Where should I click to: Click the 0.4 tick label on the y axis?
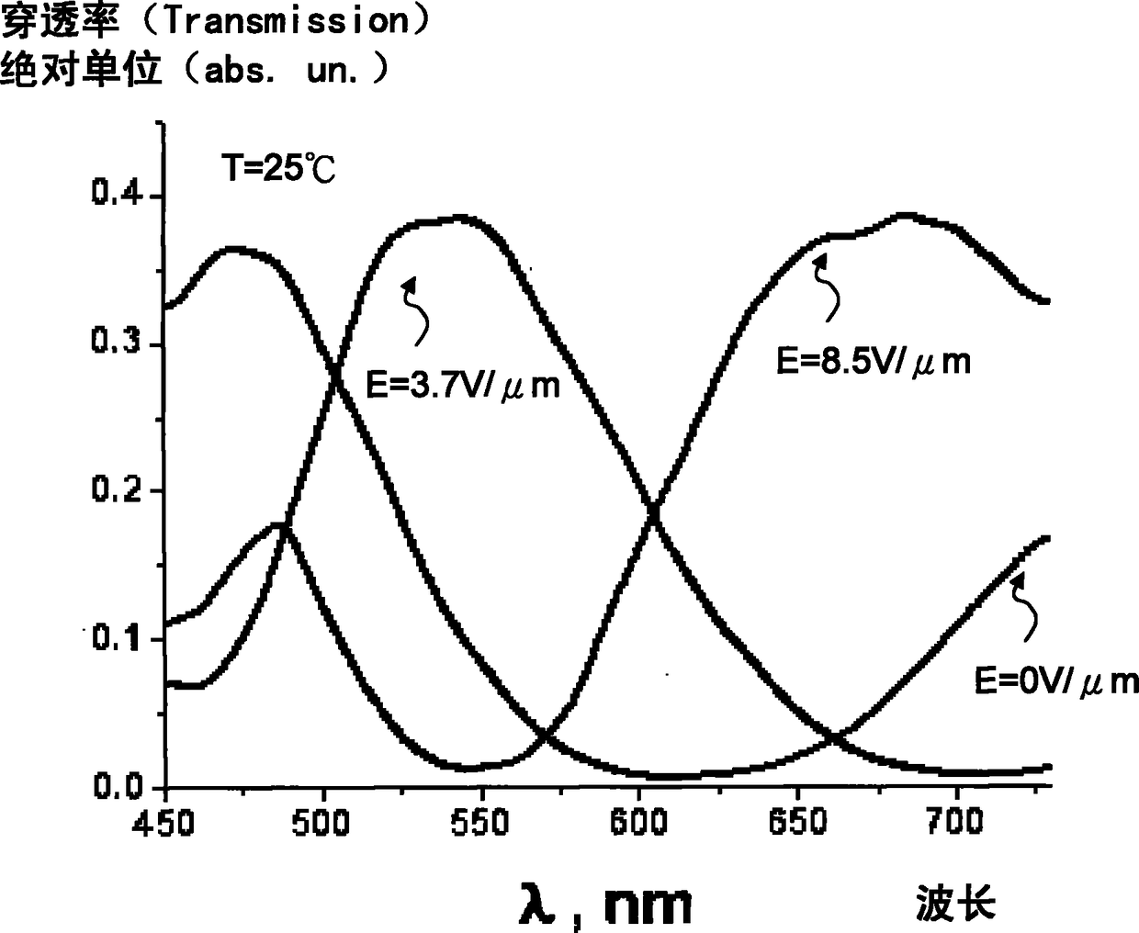pyautogui.click(x=118, y=192)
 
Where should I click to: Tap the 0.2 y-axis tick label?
pyautogui.click(x=118, y=489)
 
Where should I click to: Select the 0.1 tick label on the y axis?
pyautogui.click(x=118, y=637)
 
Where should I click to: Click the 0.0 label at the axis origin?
pyautogui.click(x=118, y=785)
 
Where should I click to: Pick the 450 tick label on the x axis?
pyautogui.click(x=164, y=824)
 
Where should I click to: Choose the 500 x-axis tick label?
pyautogui.click(x=321, y=824)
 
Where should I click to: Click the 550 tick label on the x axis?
pyautogui.click(x=480, y=823)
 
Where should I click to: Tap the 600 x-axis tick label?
pyautogui.click(x=639, y=823)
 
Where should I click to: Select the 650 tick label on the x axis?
pyautogui.click(x=797, y=822)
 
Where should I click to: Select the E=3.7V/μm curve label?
pyautogui.click(x=463, y=386)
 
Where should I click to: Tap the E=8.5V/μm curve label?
pyautogui.click(x=874, y=361)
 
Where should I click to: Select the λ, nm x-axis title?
pyautogui.click(x=605, y=903)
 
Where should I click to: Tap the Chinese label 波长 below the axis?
pyautogui.click(x=956, y=903)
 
